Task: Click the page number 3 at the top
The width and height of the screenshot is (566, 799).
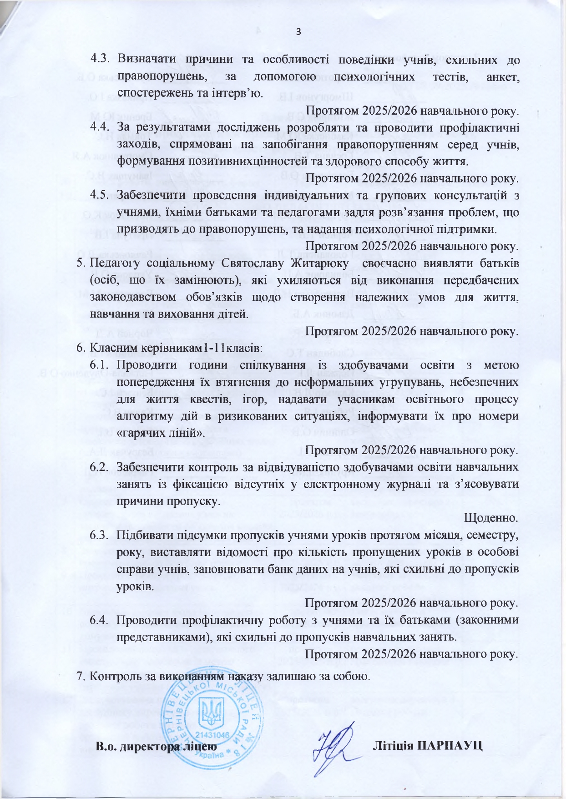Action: coord(298,32)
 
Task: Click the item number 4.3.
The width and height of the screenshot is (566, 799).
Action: coord(101,59)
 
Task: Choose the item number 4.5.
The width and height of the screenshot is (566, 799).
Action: coord(101,195)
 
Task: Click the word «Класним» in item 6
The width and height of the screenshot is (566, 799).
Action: coord(109,348)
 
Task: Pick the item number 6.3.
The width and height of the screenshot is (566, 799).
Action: coord(101,535)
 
